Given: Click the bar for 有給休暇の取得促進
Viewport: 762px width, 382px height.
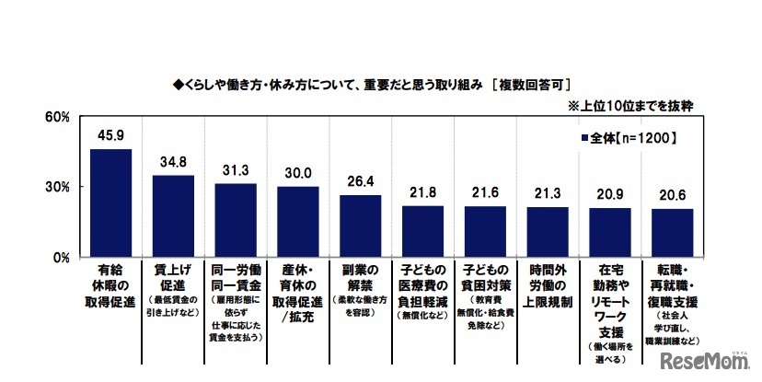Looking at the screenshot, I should (110, 203).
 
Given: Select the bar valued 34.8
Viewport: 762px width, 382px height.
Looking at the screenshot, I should (173, 216).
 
